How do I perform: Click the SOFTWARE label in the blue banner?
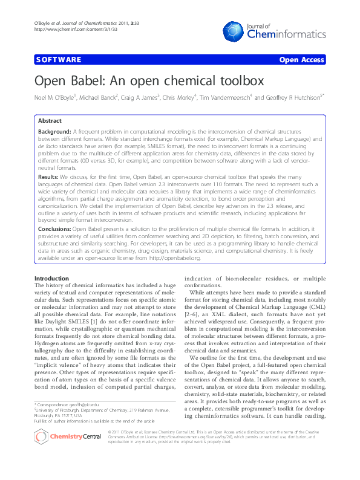pyautogui.click(x=58, y=60)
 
